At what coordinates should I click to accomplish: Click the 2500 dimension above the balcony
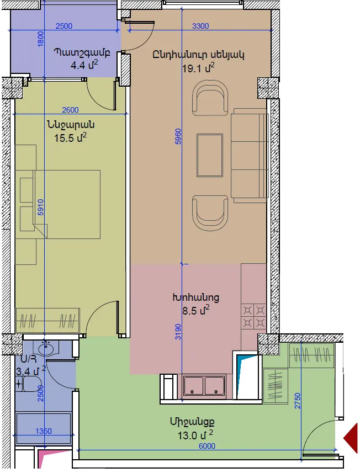coord(64,26)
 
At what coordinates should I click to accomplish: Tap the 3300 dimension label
coord(200,26)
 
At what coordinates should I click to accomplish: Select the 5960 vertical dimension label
coord(178,136)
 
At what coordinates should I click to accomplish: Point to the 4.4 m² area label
coord(84,65)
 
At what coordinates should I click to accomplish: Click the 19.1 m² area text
coord(198,68)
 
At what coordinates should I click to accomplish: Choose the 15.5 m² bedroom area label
coord(70,137)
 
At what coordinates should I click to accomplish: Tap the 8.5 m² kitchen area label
coord(195,310)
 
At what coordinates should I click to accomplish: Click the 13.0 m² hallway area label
coord(195,435)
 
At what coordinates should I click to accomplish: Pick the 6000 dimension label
coord(207,446)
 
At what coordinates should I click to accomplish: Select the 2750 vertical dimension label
coord(298,401)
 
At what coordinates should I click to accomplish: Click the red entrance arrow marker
coord(351,438)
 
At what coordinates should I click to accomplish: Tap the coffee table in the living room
coord(210,155)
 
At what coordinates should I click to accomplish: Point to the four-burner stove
coord(254,316)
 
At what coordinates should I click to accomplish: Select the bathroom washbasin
coord(46,349)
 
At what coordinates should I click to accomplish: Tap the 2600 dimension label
coord(70,110)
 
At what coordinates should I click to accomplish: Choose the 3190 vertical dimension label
coord(178,332)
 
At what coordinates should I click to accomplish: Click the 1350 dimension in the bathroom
coord(44,431)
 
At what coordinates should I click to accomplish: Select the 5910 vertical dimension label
coord(40,207)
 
